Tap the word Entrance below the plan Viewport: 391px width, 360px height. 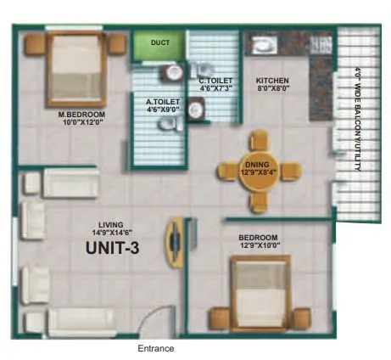click(155, 348)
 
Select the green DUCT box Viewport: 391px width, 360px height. click(158, 43)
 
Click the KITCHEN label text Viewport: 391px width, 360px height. click(273, 82)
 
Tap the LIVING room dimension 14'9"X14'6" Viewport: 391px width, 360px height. click(111, 231)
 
